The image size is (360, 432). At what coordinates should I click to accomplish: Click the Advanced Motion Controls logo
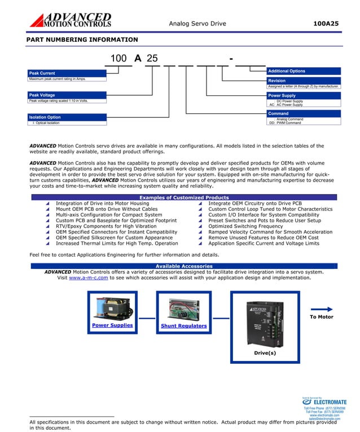point(70,20)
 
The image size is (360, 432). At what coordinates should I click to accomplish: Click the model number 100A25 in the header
point(326,23)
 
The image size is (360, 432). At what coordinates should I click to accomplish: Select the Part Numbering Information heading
point(82,39)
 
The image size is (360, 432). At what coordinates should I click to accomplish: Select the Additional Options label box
point(304,71)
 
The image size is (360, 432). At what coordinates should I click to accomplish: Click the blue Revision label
point(304,81)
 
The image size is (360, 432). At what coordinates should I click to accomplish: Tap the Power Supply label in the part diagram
point(304,96)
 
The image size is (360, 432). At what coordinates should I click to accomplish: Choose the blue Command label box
point(304,113)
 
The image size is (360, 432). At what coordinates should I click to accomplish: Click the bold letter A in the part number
point(137,59)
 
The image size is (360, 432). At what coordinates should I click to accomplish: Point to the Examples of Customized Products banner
point(184,197)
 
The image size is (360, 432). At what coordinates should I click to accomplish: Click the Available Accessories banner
point(184,266)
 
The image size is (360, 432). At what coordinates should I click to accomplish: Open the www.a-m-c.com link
point(88,277)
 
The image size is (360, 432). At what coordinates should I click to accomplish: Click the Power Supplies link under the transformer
point(112,325)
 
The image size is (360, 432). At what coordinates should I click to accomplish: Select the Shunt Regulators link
point(183,326)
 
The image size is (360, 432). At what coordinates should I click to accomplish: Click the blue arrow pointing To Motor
point(322,309)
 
